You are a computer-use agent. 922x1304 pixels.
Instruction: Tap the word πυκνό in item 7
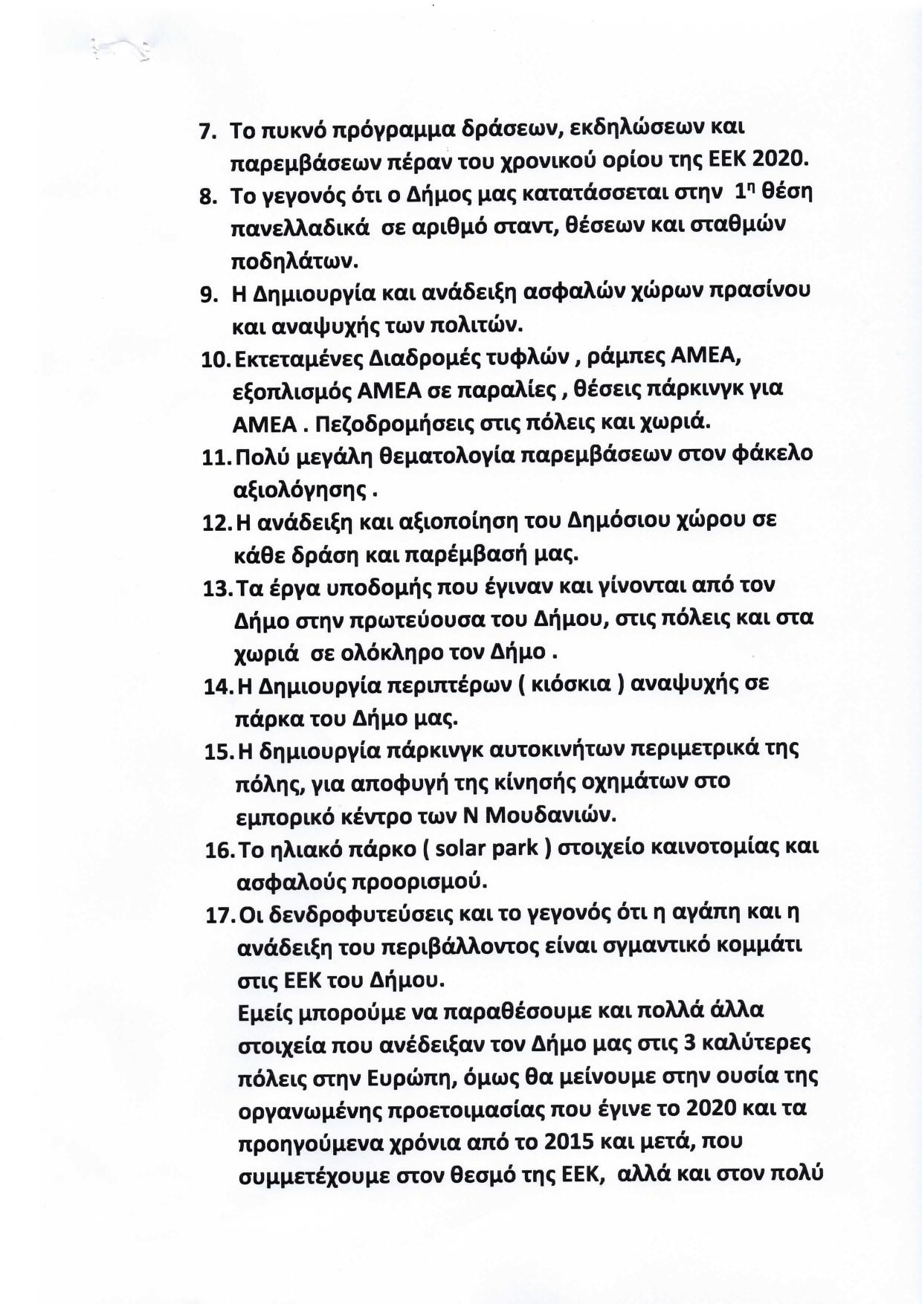[288, 131]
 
